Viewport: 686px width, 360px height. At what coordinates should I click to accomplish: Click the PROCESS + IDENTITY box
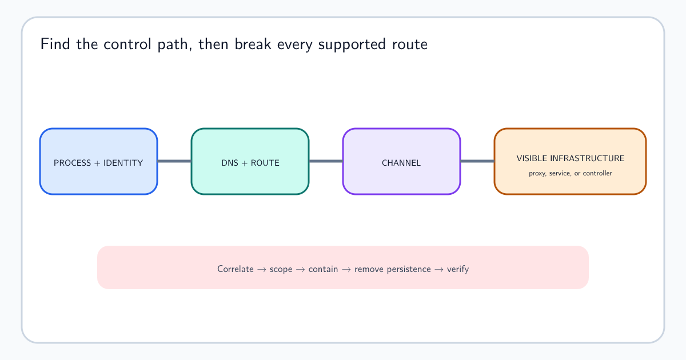click(98, 161)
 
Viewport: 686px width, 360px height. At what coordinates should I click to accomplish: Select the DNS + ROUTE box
click(250, 161)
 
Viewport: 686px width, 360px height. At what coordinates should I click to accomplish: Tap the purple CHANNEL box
click(401, 161)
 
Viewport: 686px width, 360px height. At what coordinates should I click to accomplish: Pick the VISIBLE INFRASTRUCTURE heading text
click(571, 158)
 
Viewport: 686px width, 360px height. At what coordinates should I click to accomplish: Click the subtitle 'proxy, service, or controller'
click(571, 173)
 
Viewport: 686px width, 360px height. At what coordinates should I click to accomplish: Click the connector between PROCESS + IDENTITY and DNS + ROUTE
click(174, 161)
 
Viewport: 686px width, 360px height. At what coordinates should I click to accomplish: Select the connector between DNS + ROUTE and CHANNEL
click(326, 161)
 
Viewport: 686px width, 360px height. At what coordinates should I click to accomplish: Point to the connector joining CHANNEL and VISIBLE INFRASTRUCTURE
click(477, 161)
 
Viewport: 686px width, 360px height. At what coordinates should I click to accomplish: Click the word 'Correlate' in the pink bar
click(235, 269)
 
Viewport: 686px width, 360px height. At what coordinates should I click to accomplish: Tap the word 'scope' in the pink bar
click(281, 269)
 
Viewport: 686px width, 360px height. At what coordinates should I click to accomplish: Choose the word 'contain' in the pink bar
click(323, 269)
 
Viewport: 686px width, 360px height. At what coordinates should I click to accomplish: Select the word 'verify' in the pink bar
click(458, 269)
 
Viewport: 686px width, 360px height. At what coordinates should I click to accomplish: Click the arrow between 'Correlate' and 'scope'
click(262, 269)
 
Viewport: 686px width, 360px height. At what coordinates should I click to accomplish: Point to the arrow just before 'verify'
click(439, 269)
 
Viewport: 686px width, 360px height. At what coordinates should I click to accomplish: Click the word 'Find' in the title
click(55, 44)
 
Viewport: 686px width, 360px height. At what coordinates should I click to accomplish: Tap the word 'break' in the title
click(253, 44)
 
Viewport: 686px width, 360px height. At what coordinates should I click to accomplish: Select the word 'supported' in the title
click(352, 45)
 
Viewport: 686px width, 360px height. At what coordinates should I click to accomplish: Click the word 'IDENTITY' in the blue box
click(123, 163)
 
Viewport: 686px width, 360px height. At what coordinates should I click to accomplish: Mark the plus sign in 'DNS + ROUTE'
click(245, 163)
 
